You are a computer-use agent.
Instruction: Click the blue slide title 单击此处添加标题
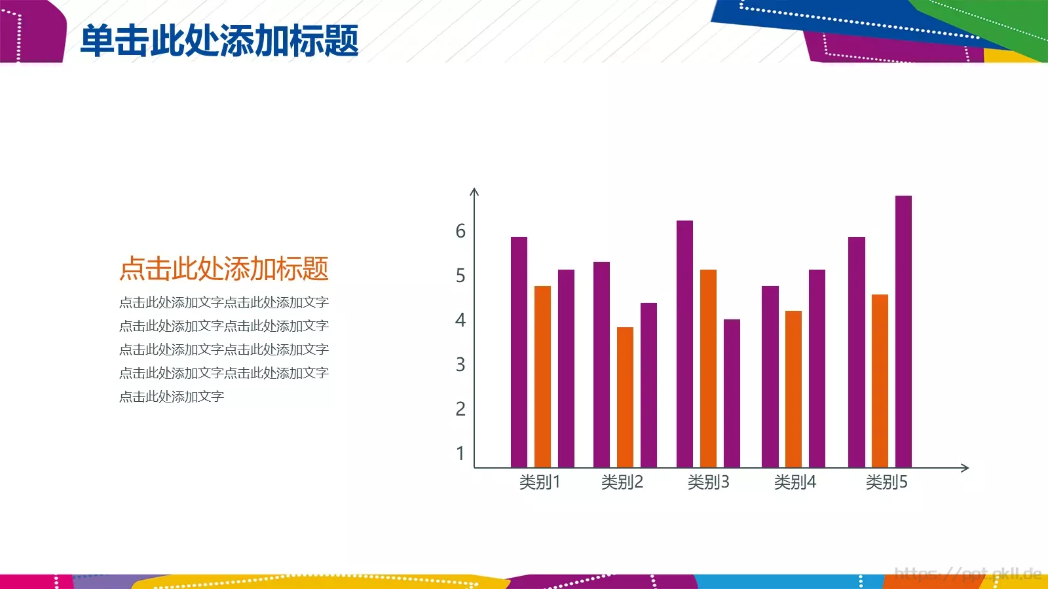tap(219, 41)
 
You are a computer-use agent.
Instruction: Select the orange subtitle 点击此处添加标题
tap(223, 269)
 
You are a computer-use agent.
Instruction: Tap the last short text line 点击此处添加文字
tap(172, 397)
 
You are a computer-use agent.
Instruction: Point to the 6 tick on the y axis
tap(460, 231)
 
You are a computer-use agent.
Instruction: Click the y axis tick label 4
tap(460, 320)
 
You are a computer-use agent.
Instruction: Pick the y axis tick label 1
tap(460, 454)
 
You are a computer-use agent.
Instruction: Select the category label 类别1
tap(540, 482)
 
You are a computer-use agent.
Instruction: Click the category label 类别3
tap(708, 482)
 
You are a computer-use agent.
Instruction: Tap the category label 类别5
tap(886, 482)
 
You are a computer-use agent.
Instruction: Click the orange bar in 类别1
tap(542, 376)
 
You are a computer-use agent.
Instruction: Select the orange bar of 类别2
tap(625, 397)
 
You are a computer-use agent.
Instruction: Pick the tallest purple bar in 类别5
tap(903, 330)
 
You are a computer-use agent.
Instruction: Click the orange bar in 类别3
tap(708, 368)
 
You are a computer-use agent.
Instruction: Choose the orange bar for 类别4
tap(793, 389)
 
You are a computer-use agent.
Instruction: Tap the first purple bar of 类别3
tap(684, 344)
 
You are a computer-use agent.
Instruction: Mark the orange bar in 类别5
tap(880, 381)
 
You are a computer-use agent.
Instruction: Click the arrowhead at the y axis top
tap(475, 192)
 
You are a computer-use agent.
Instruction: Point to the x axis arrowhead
tap(965, 467)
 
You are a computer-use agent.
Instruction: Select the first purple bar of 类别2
tap(601, 365)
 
